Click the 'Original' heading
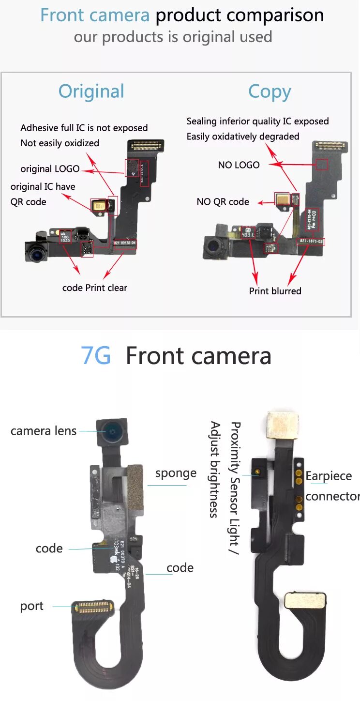91,91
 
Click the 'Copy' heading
270,92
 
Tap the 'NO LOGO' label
239,165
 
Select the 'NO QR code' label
223,201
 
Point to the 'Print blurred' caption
275,291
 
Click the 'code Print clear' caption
95,288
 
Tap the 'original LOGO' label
50,169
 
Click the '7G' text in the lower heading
96,356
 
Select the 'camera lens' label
44,431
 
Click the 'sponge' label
176,473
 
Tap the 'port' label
31,606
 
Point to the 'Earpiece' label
329,476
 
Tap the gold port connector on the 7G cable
92,607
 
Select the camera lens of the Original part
36,251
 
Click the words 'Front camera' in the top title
95,15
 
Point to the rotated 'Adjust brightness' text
215,470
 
